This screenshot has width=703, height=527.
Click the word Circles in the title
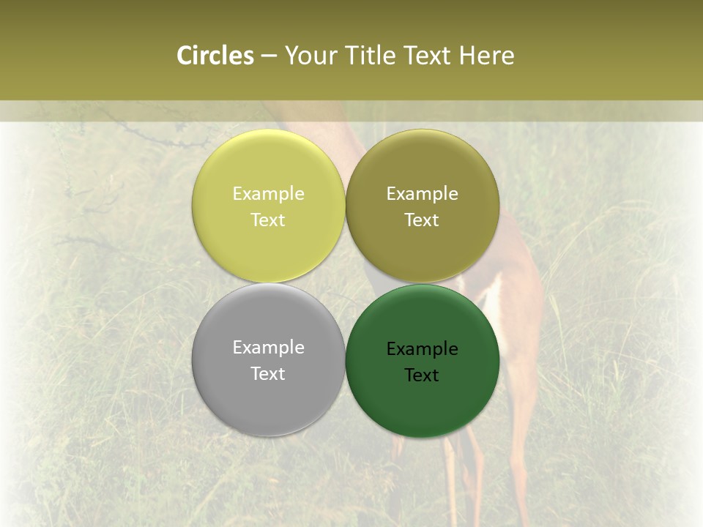(x=215, y=56)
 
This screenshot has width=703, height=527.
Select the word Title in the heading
(x=372, y=56)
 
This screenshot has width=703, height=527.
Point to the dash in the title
(x=269, y=56)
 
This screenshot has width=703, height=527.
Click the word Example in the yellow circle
(x=268, y=193)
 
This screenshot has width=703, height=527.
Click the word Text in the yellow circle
(x=268, y=220)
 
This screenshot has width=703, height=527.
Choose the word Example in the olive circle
(x=422, y=193)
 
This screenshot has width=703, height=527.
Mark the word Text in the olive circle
(x=422, y=220)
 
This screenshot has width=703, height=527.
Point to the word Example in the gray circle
(x=268, y=347)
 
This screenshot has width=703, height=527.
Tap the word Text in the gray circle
(x=268, y=373)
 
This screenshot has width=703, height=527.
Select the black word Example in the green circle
(x=422, y=348)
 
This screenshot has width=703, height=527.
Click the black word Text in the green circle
(x=422, y=375)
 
